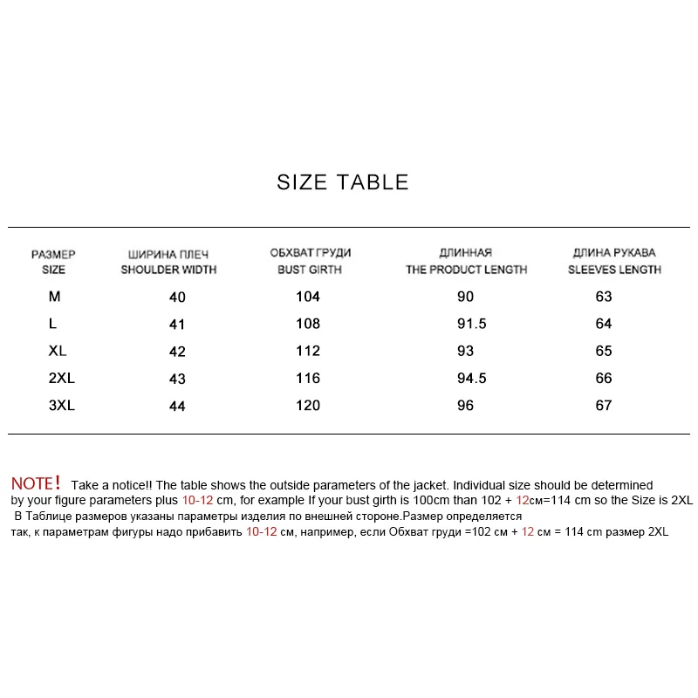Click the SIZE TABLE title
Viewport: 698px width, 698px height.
click(343, 182)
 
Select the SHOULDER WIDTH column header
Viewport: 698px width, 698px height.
click(168, 270)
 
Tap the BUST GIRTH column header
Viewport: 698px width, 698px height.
click(310, 270)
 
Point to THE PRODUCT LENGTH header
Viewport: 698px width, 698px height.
click(466, 270)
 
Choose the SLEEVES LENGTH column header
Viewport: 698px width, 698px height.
click(614, 270)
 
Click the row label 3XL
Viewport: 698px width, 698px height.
click(62, 405)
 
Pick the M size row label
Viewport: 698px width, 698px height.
click(55, 297)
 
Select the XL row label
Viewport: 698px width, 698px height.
click(58, 351)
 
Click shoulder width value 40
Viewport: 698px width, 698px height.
click(177, 298)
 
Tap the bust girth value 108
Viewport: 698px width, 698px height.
click(308, 324)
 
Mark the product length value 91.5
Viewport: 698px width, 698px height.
click(471, 324)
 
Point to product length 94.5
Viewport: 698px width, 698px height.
click(471, 378)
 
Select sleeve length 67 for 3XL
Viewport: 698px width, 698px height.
click(604, 405)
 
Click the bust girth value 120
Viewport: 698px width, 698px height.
click(308, 405)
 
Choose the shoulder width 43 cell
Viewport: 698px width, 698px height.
click(177, 379)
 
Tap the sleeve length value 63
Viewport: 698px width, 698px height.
click(604, 297)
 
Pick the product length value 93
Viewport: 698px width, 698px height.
click(465, 351)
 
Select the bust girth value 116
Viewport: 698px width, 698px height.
click(308, 378)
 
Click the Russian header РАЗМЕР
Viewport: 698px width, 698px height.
click(53, 255)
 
